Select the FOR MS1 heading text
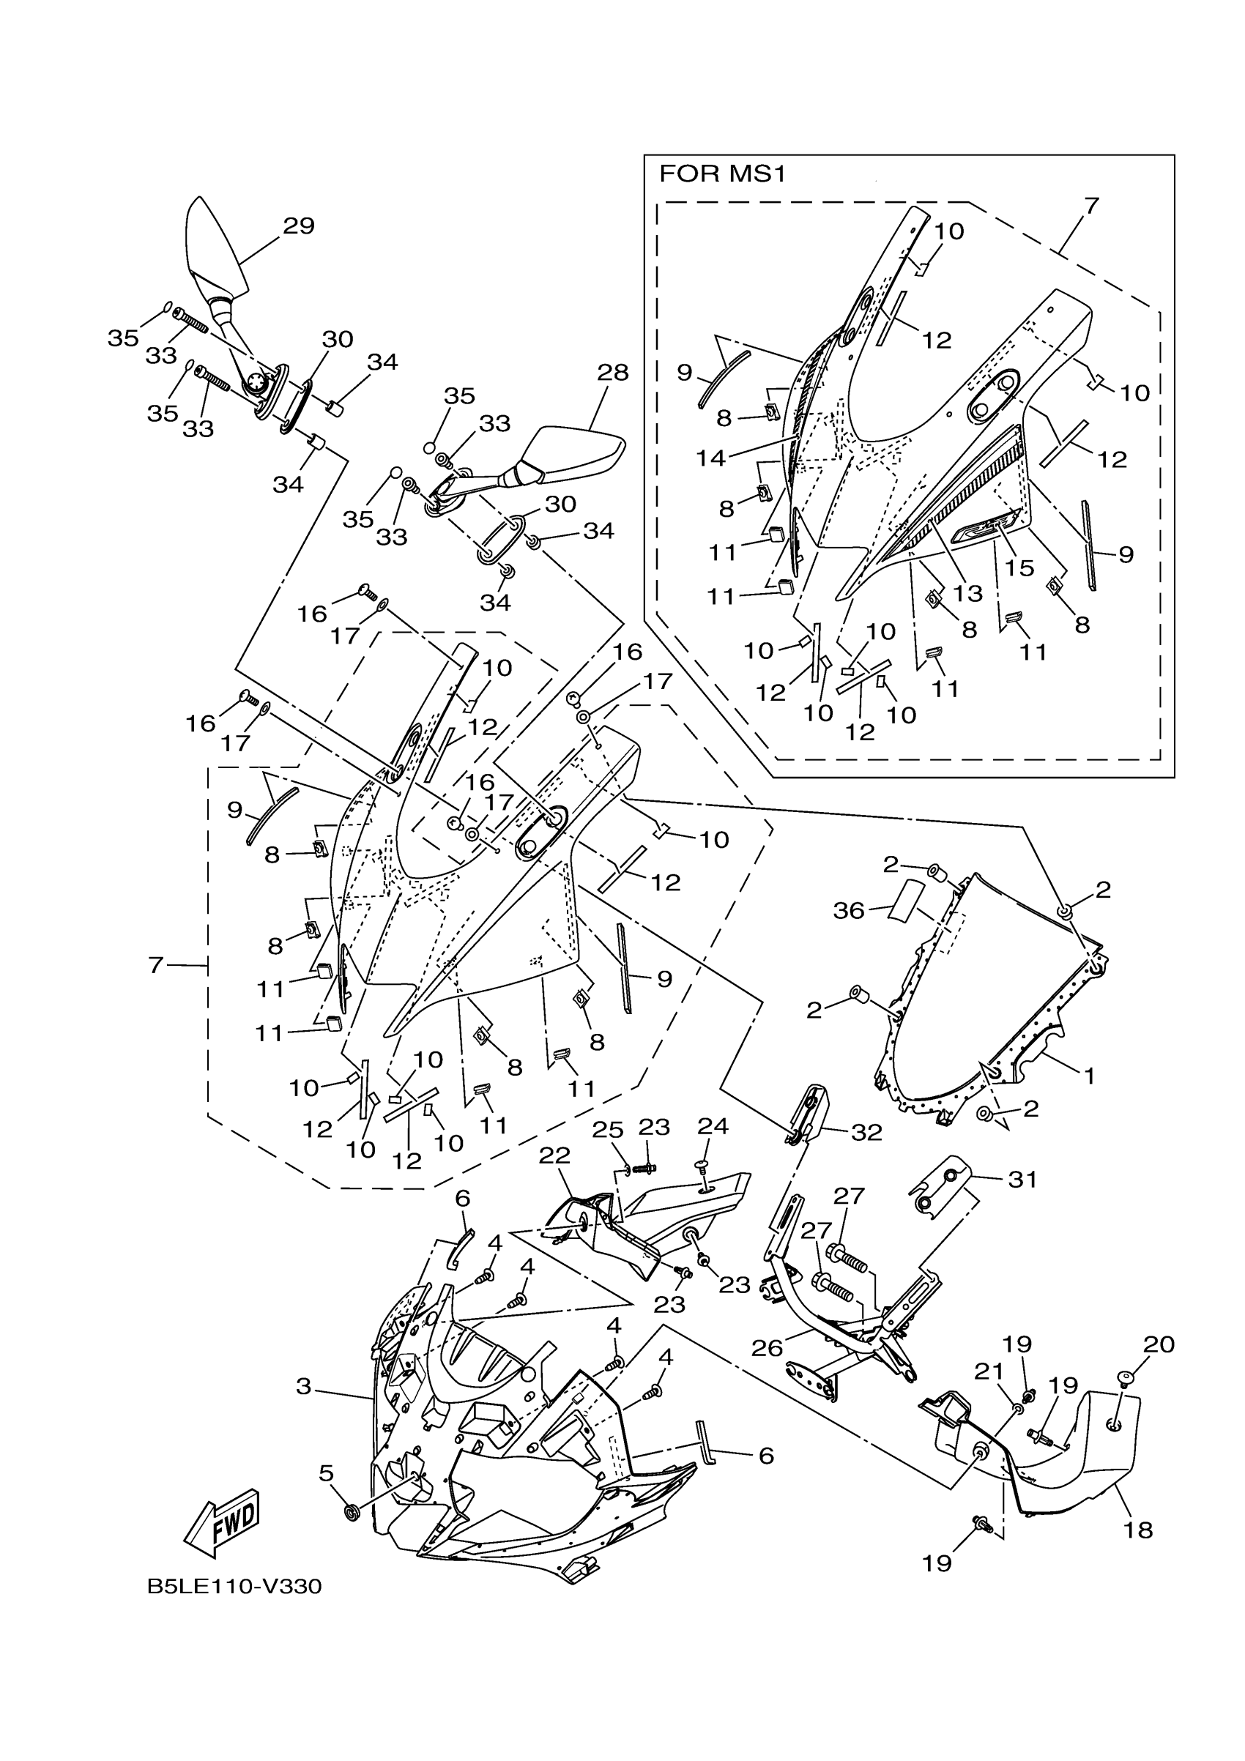723,175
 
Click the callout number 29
298,226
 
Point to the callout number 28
613,373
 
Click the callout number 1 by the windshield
1088,1076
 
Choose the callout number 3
304,1387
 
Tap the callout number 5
326,1473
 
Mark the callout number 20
1159,1344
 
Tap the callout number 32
866,1132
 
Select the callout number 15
1020,567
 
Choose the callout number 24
713,1126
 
